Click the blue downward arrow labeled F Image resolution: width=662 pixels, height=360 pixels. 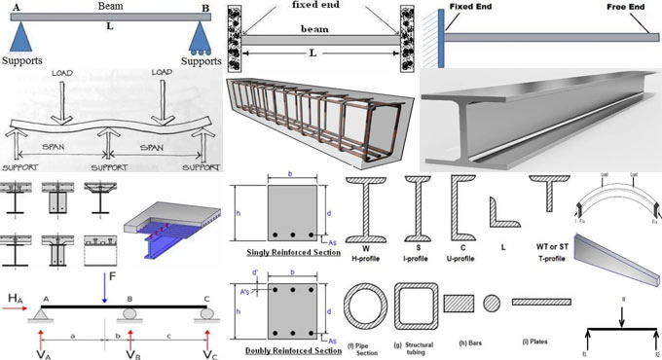point(105,282)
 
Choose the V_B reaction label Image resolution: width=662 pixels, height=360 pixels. point(133,346)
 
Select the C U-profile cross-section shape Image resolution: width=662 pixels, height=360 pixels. point(460,206)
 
